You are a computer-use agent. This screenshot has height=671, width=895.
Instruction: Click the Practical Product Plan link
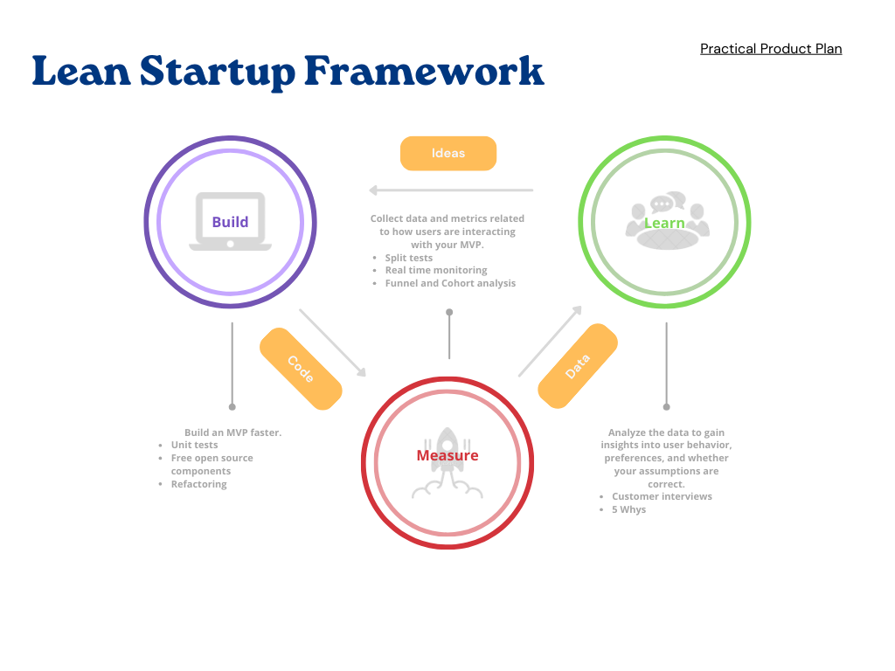pyautogui.click(x=771, y=49)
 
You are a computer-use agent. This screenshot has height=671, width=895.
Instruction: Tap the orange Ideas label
pyautogui.click(x=448, y=153)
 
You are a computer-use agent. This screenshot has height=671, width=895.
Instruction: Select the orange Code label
pyautogui.click(x=300, y=369)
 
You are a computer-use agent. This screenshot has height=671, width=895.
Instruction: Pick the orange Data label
pyautogui.click(x=578, y=365)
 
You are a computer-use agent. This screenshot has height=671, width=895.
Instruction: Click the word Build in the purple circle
pyautogui.click(x=230, y=222)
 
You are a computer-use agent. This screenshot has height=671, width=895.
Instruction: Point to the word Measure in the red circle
pyautogui.click(x=447, y=455)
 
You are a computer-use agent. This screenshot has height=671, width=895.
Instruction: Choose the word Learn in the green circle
pyautogui.click(x=664, y=223)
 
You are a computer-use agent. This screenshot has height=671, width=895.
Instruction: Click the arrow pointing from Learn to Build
pyautogui.click(x=450, y=190)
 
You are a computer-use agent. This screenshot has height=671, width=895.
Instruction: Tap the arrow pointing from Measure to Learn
pyautogui.click(x=551, y=341)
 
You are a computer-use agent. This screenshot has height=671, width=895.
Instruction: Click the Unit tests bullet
pyautogui.click(x=194, y=446)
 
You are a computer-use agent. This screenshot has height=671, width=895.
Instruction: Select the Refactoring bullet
pyautogui.click(x=198, y=484)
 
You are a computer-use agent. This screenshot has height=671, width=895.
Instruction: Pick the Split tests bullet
pyautogui.click(x=408, y=258)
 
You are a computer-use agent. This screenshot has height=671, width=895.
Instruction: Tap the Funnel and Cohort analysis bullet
pyautogui.click(x=450, y=283)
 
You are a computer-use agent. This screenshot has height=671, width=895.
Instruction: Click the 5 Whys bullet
pyautogui.click(x=628, y=509)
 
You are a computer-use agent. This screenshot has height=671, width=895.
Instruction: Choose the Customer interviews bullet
pyautogui.click(x=662, y=496)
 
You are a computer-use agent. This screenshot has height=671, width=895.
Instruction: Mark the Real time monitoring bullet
pyautogui.click(x=436, y=270)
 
